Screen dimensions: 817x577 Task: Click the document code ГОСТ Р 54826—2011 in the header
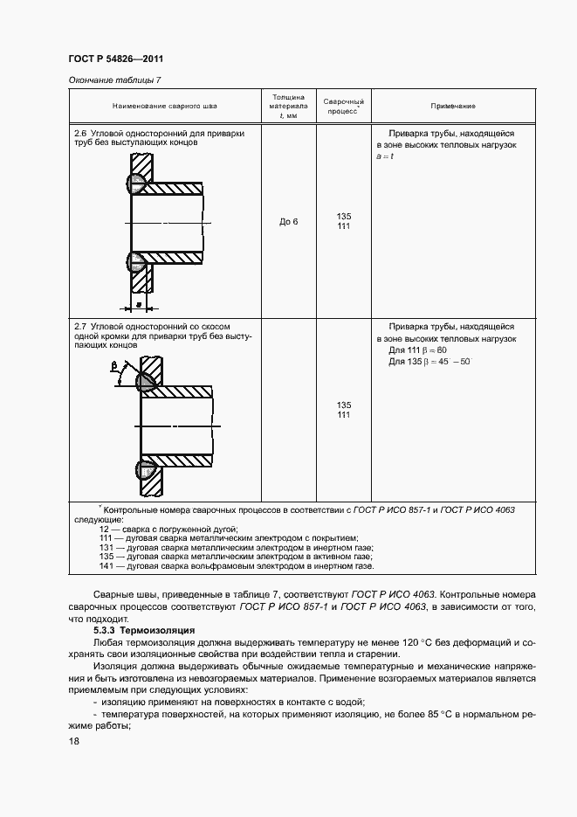pos(116,59)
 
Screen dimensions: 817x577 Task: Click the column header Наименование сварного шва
pos(165,106)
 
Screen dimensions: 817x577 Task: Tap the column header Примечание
pos(453,106)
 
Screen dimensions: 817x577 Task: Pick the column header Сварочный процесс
pos(344,107)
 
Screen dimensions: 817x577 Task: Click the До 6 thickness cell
pos(289,222)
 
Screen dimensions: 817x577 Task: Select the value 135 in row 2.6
pos(344,217)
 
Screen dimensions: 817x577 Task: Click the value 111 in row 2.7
pos(344,414)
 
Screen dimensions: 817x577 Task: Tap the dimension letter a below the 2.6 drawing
pos(138,297)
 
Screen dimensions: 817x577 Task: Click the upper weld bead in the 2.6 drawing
pos(136,183)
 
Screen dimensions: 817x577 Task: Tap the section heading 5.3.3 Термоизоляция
pos(144,630)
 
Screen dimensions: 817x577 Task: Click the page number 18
pos(73,741)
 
